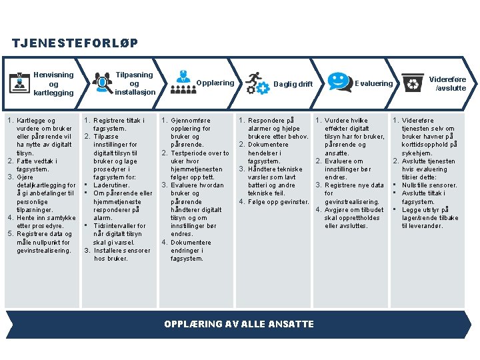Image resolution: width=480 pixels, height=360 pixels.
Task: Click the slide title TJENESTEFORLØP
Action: (75, 43)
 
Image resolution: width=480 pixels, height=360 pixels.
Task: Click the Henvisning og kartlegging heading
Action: (53, 84)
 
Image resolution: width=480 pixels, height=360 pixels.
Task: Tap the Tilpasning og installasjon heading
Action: (134, 83)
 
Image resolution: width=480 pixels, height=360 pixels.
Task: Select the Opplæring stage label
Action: (215, 83)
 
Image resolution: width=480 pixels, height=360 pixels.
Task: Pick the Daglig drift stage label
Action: (293, 84)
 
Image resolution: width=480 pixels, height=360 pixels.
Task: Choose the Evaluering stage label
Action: (374, 83)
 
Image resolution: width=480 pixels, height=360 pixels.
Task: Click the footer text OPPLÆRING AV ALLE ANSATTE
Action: (239, 324)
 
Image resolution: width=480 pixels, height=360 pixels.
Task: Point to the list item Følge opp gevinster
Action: (278, 201)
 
